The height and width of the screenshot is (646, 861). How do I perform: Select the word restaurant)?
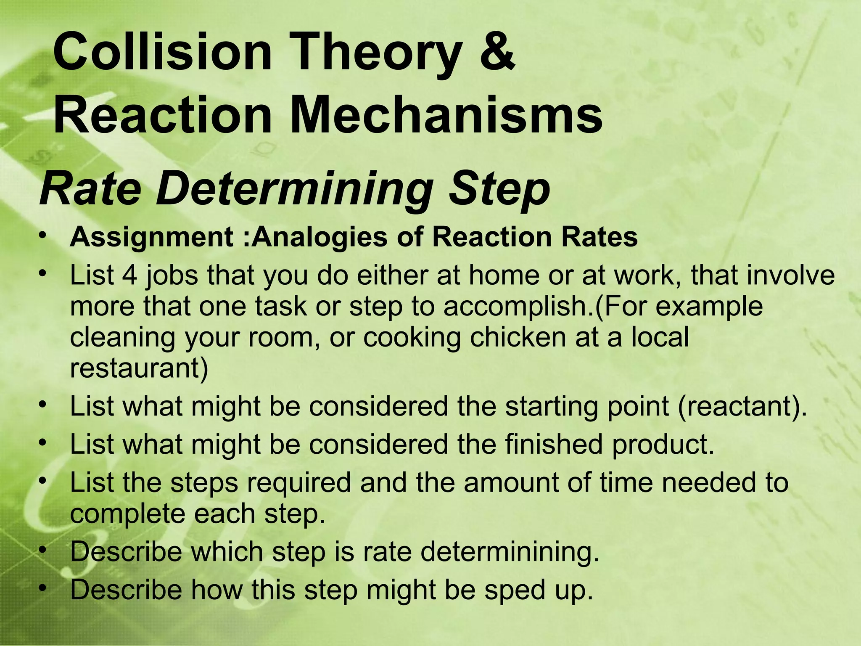(x=139, y=368)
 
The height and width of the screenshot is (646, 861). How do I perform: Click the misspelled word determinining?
(x=510, y=552)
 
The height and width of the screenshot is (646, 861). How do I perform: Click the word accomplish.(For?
(x=546, y=306)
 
